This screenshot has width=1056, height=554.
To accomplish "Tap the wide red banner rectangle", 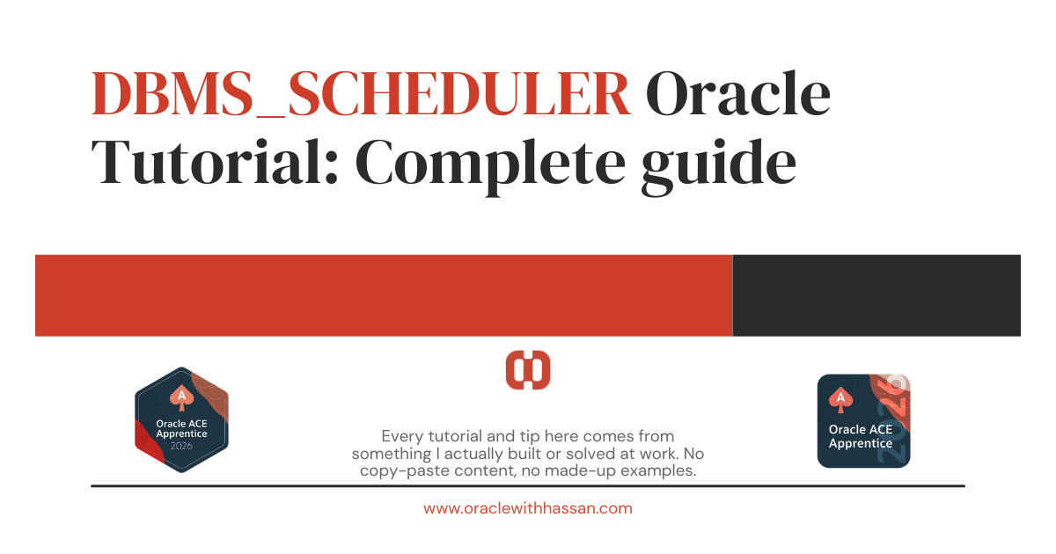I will pyautogui.click(x=384, y=295).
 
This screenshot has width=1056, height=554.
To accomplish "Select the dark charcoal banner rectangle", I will pyautogui.click(x=876, y=295).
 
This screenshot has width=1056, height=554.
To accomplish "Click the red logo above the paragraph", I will pyautogui.click(x=528, y=369).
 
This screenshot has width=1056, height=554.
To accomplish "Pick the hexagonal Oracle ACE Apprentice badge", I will pyautogui.click(x=181, y=420).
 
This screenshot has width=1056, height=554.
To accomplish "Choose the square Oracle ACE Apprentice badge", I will pyautogui.click(x=863, y=421).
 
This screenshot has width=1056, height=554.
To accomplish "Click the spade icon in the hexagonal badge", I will pyautogui.click(x=181, y=396).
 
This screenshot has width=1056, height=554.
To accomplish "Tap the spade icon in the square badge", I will pyautogui.click(x=841, y=399).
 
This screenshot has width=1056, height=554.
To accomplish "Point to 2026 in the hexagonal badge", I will pyautogui.click(x=181, y=446).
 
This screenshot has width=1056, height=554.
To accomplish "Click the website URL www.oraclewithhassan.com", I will pyautogui.click(x=528, y=508).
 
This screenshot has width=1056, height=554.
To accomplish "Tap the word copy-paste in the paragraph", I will pyautogui.click(x=397, y=471).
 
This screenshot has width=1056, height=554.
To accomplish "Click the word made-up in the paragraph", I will pyautogui.click(x=585, y=471).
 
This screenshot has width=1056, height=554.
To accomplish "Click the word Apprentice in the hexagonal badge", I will pyautogui.click(x=181, y=434).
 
